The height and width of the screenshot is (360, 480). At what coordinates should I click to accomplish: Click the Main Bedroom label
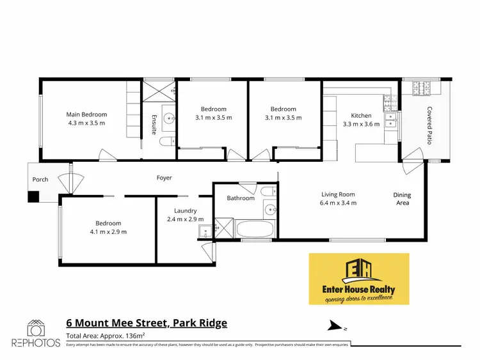(85, 115)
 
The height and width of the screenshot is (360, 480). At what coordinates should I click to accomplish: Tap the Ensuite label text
(154, 123)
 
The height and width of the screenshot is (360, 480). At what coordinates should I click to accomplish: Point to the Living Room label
(338, 194)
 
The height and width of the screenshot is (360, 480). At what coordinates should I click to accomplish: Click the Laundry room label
(185, 210)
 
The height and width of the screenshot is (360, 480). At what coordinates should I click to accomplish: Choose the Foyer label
(164, 178)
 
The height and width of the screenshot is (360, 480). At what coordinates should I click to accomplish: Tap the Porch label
(40, 179)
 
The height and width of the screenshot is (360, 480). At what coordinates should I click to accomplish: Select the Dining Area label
(402, 199)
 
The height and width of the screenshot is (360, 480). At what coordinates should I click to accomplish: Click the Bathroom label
(241, 198)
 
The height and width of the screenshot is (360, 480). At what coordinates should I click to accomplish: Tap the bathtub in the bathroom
(255, 229)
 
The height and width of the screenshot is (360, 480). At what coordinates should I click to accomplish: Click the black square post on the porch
(33, 196)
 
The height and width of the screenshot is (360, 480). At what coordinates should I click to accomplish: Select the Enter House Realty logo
(358, 279)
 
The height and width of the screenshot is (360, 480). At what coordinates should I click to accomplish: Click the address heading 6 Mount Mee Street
(147, 323)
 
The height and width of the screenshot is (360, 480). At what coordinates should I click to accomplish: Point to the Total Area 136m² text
(106, 336)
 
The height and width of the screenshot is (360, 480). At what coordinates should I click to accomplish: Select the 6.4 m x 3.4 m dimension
(338, 203)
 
